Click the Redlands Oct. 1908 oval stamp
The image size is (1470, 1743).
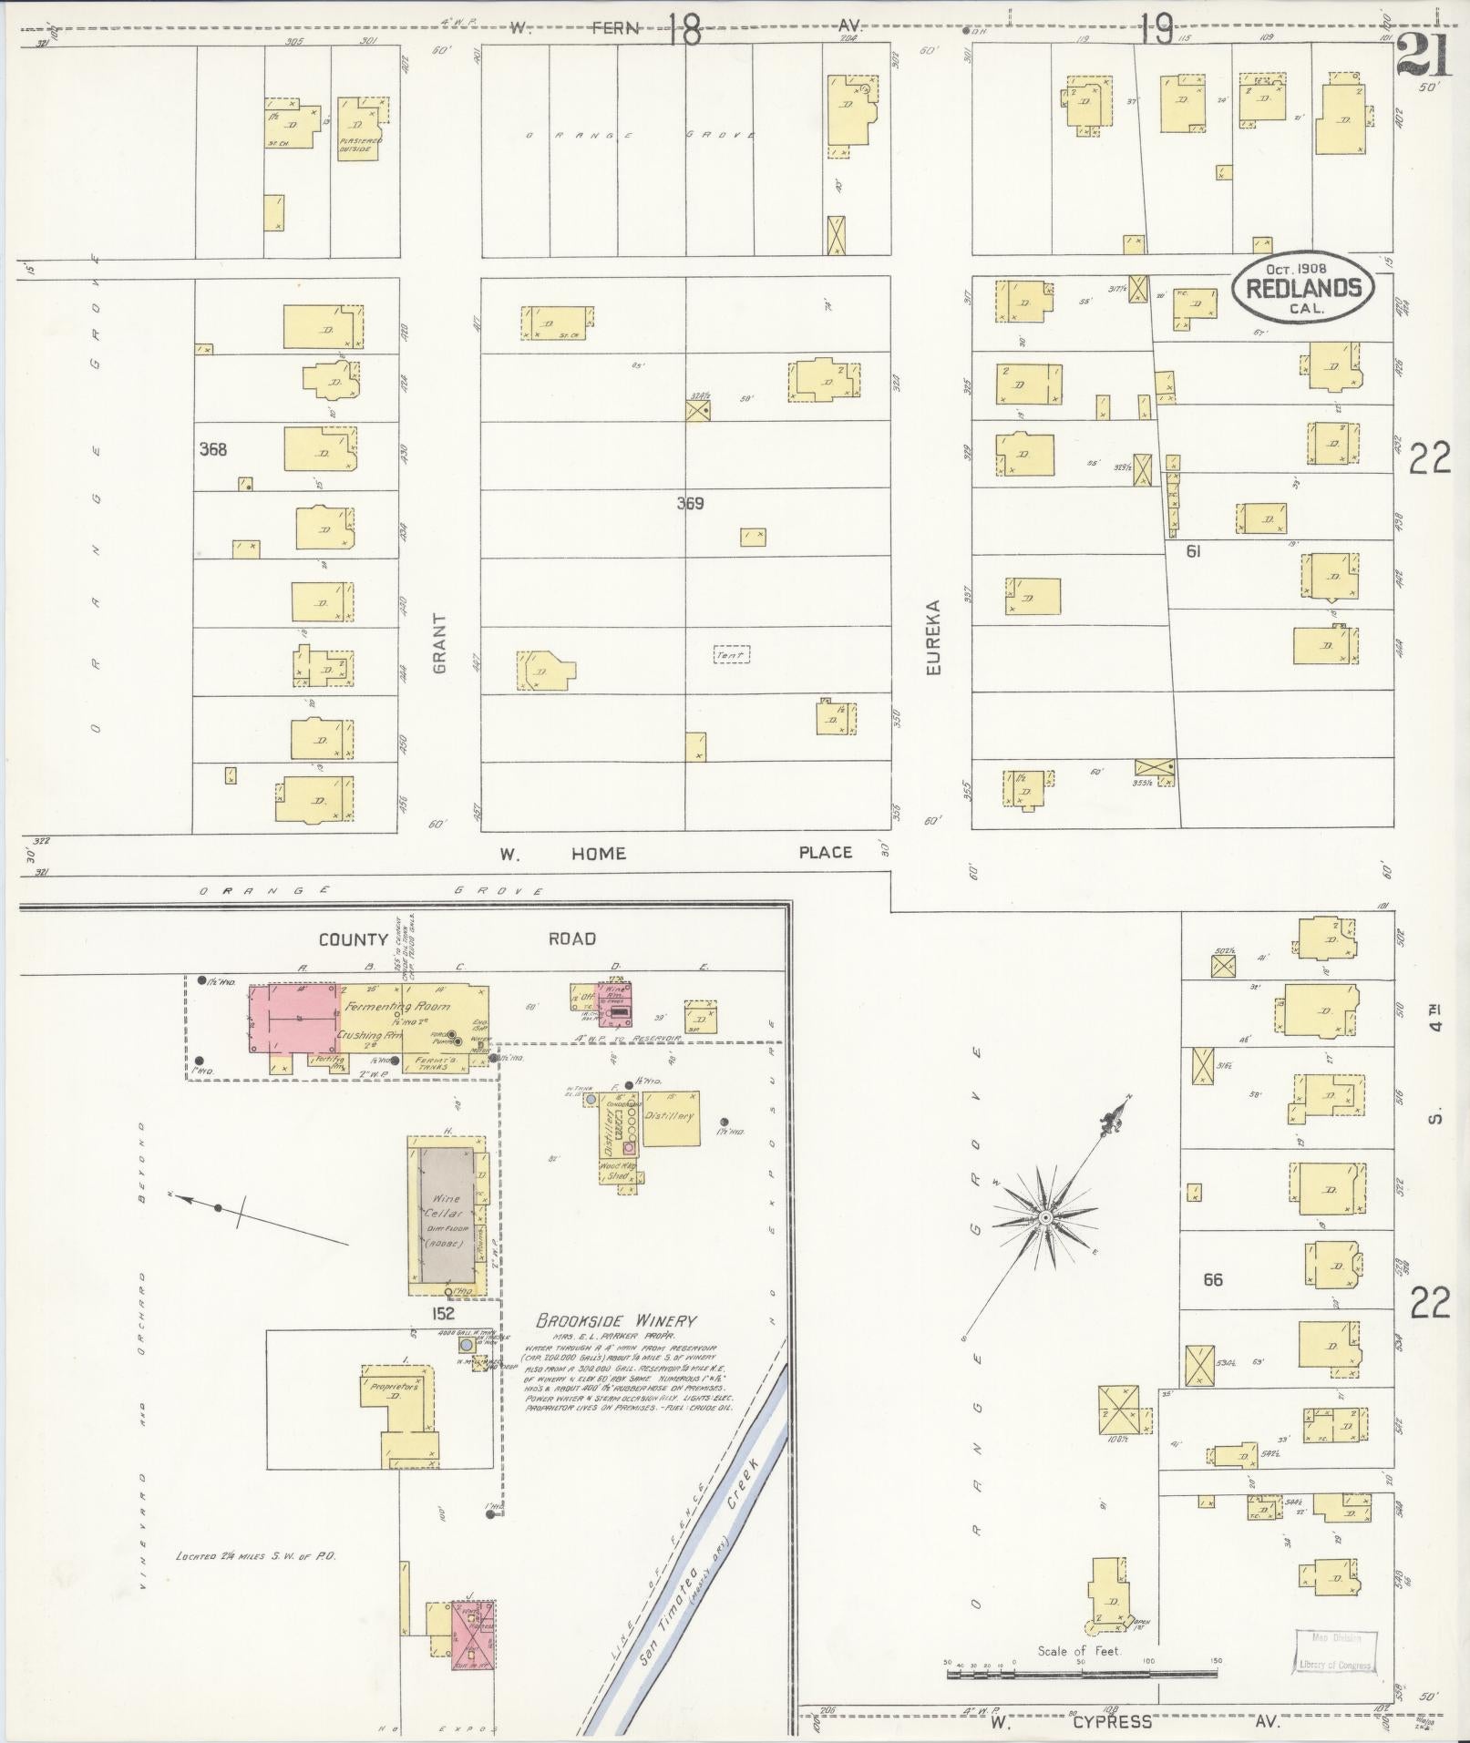coord(1302,289)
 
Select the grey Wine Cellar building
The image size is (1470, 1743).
coord(446,1215)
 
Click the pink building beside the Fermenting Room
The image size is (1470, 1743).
coord(294,1018)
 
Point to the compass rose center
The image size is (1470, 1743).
coord(1045,1217)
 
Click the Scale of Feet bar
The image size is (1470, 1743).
coord(1080,1672)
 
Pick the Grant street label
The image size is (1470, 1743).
coord(440,643)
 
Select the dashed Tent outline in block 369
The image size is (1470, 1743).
coord(731,654)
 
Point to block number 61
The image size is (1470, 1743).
coord(1192,550)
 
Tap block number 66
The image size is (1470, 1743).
coord(1212,1279)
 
